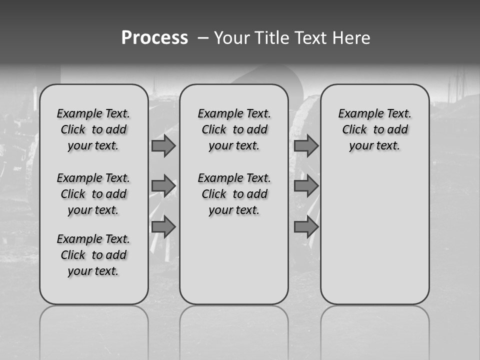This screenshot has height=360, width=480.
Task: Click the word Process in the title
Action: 154,38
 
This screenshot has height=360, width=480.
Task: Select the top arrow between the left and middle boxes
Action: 163,146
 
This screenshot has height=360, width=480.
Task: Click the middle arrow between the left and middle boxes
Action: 163,186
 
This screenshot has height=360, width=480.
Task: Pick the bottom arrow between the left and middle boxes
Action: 163,227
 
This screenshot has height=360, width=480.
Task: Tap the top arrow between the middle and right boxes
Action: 306,146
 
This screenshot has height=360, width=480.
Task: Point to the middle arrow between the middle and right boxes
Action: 306,186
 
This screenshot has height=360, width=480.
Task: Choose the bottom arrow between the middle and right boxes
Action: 306,227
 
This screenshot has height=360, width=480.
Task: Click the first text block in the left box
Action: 93,129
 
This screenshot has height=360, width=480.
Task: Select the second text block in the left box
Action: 93,194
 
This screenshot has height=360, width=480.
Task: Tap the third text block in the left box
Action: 93,255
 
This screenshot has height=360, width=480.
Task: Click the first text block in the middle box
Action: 234,129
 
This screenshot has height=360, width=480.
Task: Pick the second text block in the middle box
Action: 234,194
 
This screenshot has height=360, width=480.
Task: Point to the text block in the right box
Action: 374,129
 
